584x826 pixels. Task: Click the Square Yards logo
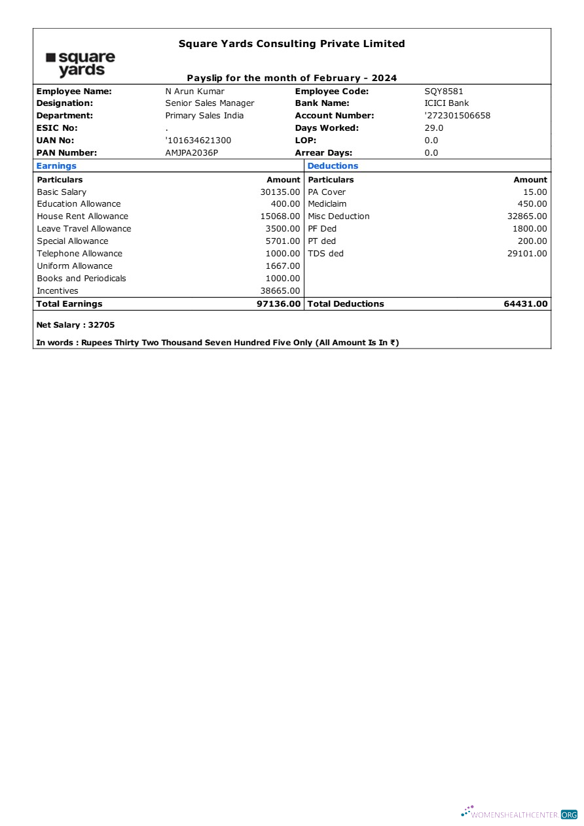[81, 64]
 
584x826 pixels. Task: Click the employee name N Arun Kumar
[194, 92]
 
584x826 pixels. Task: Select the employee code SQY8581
[443, 92]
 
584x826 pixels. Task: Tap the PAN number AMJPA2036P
[191, 153]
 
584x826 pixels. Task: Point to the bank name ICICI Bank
[447, 103]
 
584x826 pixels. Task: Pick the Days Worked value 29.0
[433, 128]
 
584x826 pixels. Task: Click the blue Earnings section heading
[56, 166]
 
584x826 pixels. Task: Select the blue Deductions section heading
[333, 166]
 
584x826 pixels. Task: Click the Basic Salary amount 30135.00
[280, 192]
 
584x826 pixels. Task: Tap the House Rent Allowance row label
[82, 216]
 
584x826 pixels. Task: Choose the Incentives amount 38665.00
[280, 291]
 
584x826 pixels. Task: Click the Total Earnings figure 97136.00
[279, 304]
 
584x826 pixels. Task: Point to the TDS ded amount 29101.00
[527, 254]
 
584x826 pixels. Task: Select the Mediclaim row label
[327, 204]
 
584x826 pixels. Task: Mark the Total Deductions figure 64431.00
[526, 304]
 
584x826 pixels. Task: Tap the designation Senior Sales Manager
[210, 103]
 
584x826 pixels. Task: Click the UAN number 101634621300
[198, 141]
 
